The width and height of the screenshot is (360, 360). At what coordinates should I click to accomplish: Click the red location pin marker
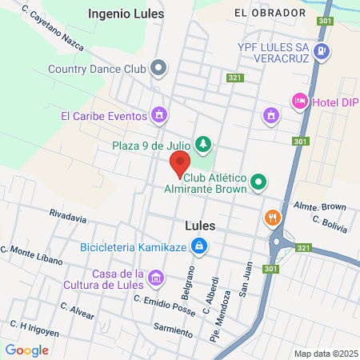point(178,164)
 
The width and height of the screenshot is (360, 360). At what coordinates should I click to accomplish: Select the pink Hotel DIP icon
point(300,101)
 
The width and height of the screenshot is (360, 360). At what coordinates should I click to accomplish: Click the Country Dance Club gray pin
point(158,68)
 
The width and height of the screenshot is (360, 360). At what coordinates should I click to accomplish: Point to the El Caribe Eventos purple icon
point(160,115)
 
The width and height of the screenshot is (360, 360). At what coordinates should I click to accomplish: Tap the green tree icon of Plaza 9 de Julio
point(204,144)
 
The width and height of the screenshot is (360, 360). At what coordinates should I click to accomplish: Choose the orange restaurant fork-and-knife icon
point(273,217)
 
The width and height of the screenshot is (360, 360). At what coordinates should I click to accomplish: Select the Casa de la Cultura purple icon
point(156,278)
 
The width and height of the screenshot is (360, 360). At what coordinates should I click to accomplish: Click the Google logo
point(26,350)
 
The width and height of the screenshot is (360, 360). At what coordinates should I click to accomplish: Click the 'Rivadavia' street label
point(67,215)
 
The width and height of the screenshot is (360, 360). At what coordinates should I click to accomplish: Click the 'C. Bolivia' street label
point(329,223)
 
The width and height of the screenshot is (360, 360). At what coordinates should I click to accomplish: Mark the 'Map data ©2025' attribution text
point(324,354)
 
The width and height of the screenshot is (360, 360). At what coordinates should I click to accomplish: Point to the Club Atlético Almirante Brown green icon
point(258,182)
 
